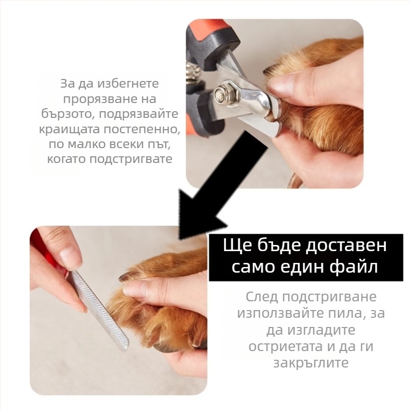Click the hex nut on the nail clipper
pyautogui.click(x=224, y=93)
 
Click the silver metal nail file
pyautogui.click(x=100, y=312)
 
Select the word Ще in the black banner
pyautogui.click(x=235, y=245)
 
